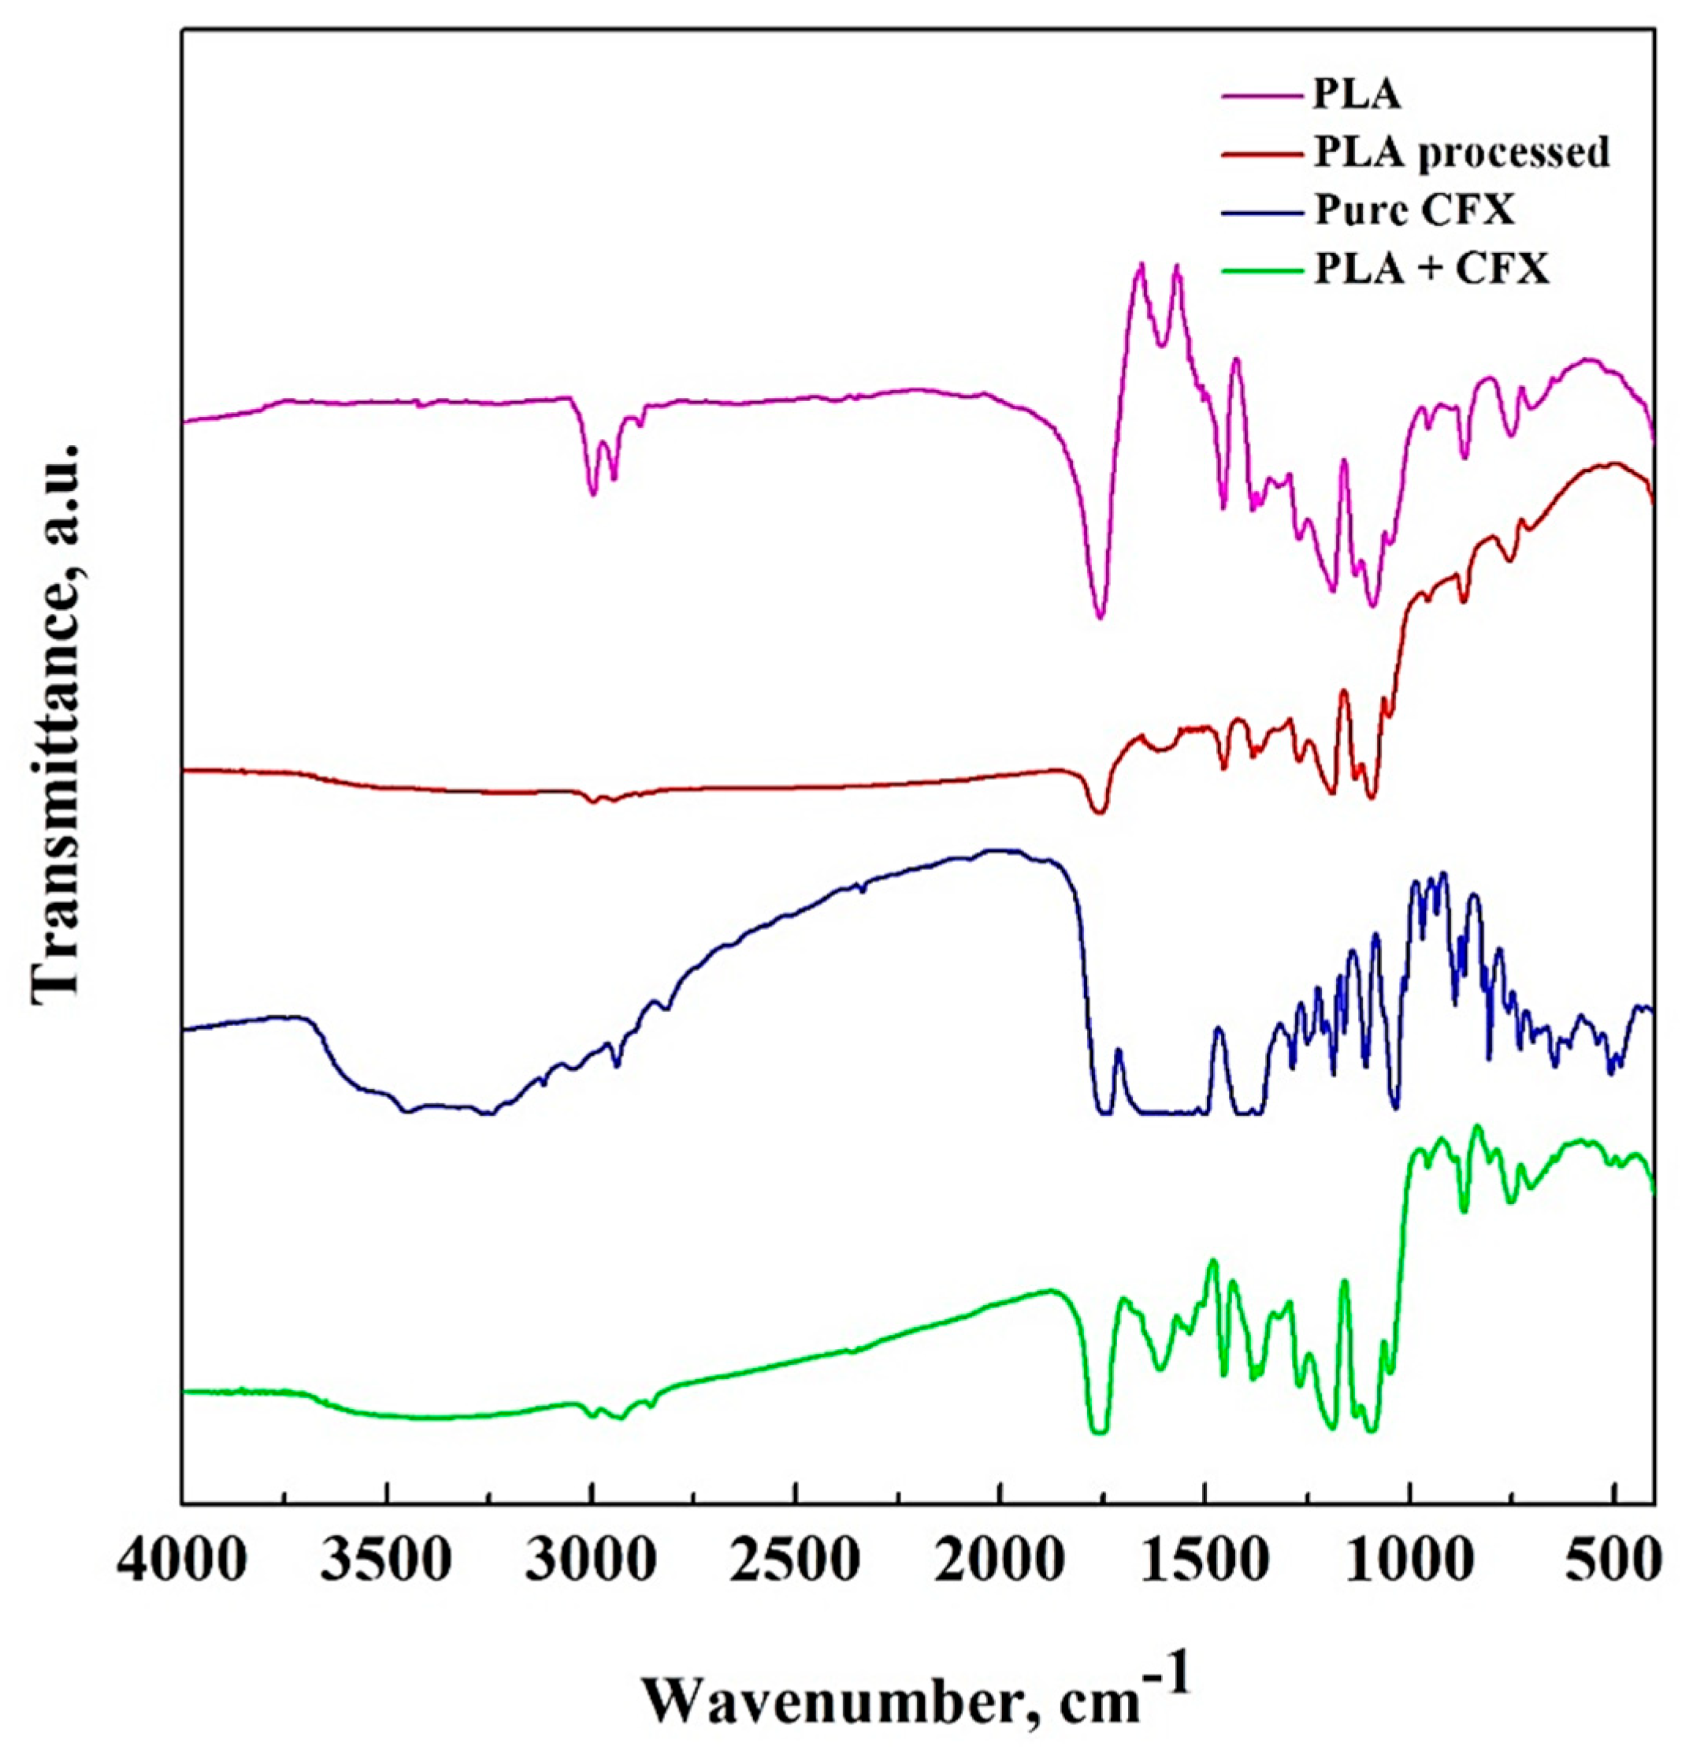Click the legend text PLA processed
pos(1461,153)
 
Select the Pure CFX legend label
pos(1415,211)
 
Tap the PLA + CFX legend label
pos(1431,268)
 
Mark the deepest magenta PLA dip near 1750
pos(1101,617)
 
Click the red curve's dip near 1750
pos(1101,811)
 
